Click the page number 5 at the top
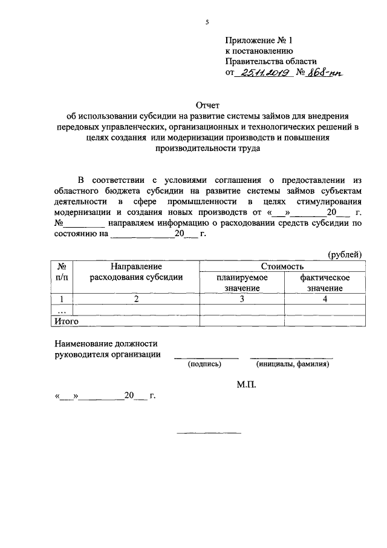coord(207,22)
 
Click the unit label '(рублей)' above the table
coord(345,255)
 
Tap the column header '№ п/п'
coord(61,272)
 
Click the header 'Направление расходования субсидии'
coord(137,272)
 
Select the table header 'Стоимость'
coord(282,266)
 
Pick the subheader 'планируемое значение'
coord(242,283)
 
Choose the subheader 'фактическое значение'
coord(325,283)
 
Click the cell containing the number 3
coord(241,299)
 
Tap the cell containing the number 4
coord(325,299)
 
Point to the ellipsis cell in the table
coord(61,309)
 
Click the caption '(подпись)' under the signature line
coord(204,365)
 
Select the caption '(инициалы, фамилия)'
coord(292,365)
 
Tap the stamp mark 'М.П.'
coord(246,385)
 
